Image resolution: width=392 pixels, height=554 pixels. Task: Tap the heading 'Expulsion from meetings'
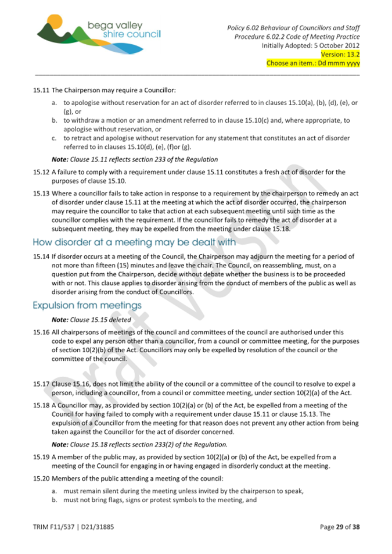[87, 305]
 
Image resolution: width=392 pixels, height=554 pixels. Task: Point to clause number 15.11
[41, 91]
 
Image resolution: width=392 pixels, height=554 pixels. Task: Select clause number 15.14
[41, 256]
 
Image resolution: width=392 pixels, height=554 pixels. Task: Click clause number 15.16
[41, 333]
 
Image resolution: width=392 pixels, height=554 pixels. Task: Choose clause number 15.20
[41, 478]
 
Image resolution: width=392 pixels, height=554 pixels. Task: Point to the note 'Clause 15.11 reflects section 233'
[135, 159]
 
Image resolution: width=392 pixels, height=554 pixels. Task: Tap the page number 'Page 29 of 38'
[340, 527]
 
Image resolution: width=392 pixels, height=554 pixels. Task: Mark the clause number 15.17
[41, 384]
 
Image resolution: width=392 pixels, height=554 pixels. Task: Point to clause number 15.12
[41, 172]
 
